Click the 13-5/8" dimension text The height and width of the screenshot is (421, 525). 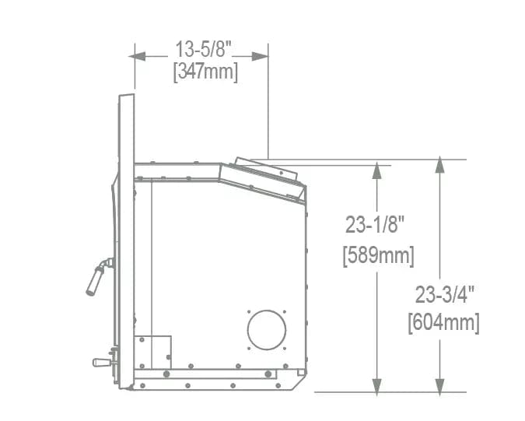click(204, 49)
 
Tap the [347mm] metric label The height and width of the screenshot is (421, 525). click(205, 72)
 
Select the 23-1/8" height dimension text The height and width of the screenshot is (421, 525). click(375, 224)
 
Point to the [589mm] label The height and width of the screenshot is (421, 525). click(378, 256)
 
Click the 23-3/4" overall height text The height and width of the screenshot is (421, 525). click(445, 295)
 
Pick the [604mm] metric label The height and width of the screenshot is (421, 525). click(443, 322)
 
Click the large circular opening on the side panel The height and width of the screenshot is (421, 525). click(267, 330)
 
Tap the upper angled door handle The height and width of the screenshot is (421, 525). click(99, 276)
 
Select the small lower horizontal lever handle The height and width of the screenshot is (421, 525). click(102, 363)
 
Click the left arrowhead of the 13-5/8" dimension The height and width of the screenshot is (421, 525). click(137, 56)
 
